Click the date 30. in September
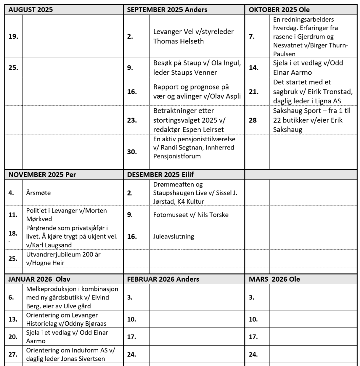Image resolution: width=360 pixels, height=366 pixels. [132, 152]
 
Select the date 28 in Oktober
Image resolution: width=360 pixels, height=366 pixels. [253, 120]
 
